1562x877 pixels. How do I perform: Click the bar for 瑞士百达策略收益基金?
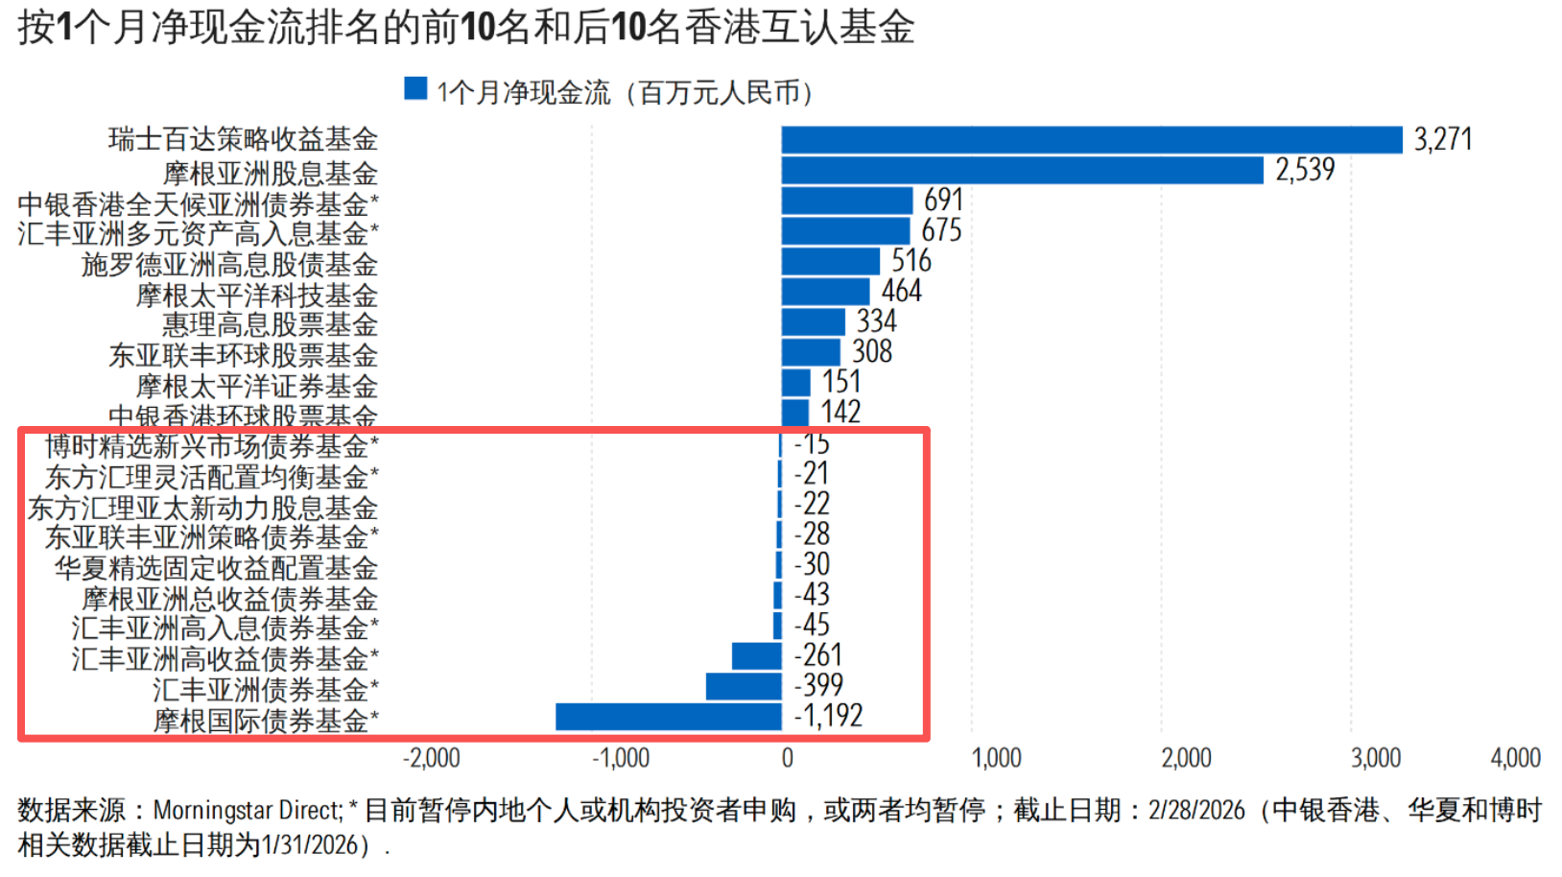[1091, 140]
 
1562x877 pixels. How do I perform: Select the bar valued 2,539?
[1022, 171]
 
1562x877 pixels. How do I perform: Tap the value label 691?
[943, 201]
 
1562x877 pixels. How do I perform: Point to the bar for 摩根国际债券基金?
[669, 717]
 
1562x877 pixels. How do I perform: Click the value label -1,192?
[829, 716]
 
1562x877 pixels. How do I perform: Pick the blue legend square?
[415, 89]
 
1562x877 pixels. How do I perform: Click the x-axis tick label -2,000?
[432, 758]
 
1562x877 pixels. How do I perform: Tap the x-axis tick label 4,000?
[1515, 758]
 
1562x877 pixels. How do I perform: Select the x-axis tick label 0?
[787, 758]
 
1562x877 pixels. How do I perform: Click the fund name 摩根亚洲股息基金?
[270, 174]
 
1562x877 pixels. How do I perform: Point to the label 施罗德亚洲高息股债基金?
[229, 265]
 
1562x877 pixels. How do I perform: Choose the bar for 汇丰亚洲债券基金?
[744, 686]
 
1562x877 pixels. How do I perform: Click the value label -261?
[818, 655]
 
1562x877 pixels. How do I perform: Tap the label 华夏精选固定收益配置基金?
[216, 568]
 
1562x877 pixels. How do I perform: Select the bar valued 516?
[830, 261]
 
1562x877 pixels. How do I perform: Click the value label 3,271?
[1442, 140]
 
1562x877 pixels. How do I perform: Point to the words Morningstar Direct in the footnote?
[246, 811]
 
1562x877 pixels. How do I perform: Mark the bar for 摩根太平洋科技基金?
[825, 292]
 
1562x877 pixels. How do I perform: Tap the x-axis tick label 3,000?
[1376, 758]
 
